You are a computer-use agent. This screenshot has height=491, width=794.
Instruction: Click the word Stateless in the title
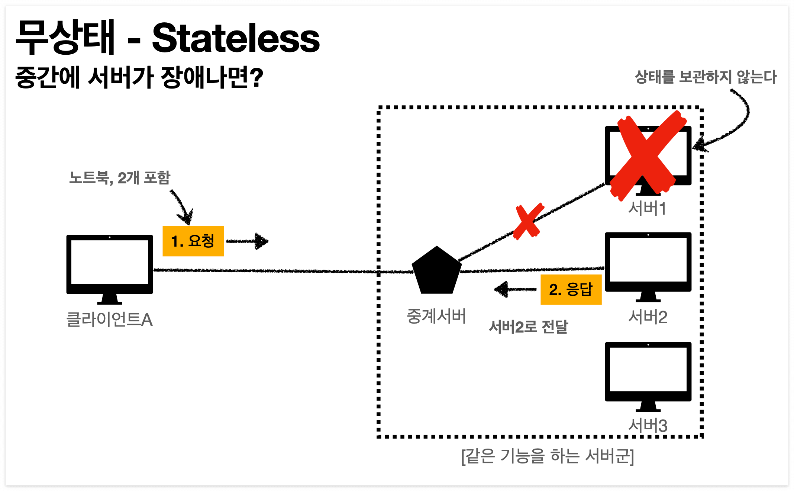(x=236, y=38)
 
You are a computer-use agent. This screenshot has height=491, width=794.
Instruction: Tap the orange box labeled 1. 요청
(x=193, y=241)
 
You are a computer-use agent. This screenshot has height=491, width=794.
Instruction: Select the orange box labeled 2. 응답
(x=571, y=289)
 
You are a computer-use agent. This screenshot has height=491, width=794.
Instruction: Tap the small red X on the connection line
(x=527, y=222)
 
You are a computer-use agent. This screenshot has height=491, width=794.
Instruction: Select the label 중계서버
(x=436, y=317)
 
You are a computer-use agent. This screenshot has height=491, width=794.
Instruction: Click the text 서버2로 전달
(x=528, y=327)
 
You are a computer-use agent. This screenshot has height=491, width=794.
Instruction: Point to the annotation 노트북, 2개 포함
(x=120, y=178)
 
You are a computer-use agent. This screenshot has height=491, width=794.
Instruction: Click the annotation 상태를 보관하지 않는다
(x=706, y=77)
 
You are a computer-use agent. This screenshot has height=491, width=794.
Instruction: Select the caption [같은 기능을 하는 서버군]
(x=548, y=456)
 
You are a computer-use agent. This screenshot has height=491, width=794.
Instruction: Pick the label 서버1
(x=647, y=208)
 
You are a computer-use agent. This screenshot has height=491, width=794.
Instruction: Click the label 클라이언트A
(x=109, y=320)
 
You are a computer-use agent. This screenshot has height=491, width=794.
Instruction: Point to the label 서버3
(x=648, y=425)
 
